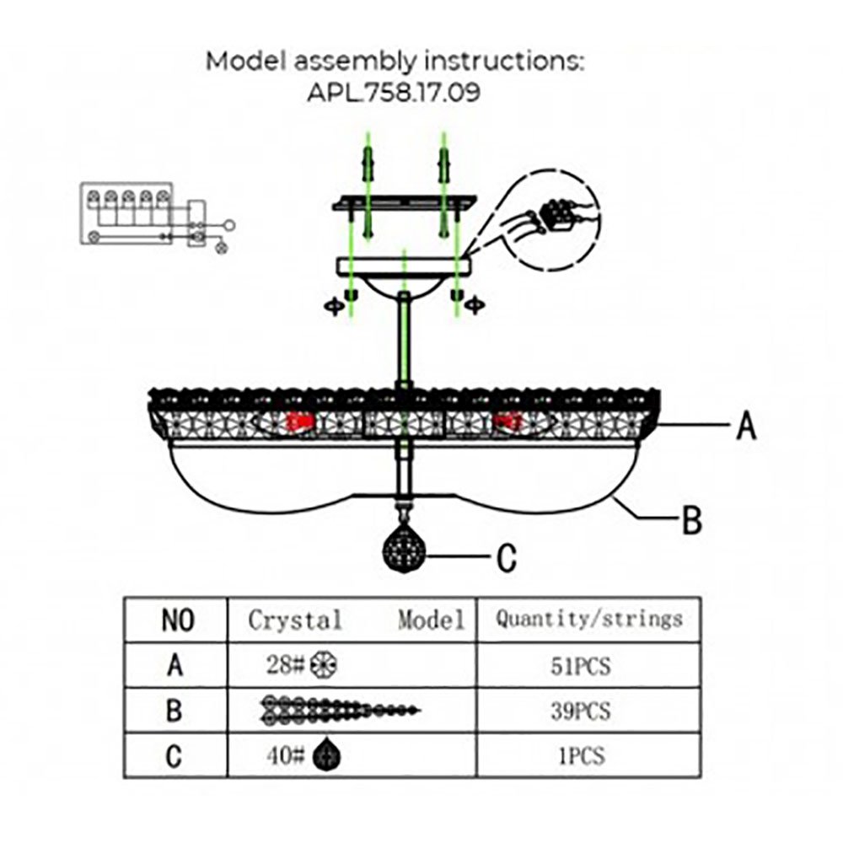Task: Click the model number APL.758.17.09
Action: pyautogui.click(x=395, y=92)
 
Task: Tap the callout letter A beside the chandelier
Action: pyautogui.click(x=745, y=427)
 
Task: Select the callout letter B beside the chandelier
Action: pyautogui.click(x=691, y=520)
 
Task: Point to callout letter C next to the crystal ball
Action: pyautogui.click(x=507, y=557)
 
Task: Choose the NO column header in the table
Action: pyautogui.click(x=176, y=621)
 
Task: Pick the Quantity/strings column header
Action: pyautogui.click(x=588, y=620)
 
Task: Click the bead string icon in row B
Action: pyautogui.click(x=337, y=711)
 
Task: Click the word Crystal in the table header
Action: pyautogui.click(x=295, y=621)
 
